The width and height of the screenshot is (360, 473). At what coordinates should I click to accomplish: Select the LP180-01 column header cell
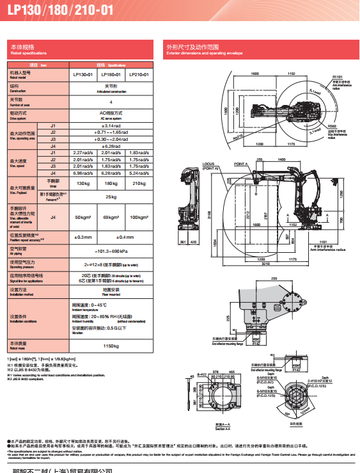pos(112,75)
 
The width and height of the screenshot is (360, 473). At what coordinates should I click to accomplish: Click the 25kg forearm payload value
pos(112,196)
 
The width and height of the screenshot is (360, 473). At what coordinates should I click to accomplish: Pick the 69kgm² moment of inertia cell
pos(112,218)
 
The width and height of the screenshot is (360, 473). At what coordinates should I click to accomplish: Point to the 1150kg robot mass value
pos(112,346)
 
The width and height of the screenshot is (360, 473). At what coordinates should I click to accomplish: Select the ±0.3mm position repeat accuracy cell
pos(83,237)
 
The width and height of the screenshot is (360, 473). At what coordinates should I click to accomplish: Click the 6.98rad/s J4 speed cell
pos(83,173)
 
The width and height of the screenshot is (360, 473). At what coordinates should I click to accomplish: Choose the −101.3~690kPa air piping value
pos(112,251)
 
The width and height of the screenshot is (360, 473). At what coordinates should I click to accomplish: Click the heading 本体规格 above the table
pos(22,47)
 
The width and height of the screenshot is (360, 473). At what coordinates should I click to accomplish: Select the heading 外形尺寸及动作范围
pos(192,47)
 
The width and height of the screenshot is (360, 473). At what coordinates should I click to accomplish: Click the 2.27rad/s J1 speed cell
pos(83,153)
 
